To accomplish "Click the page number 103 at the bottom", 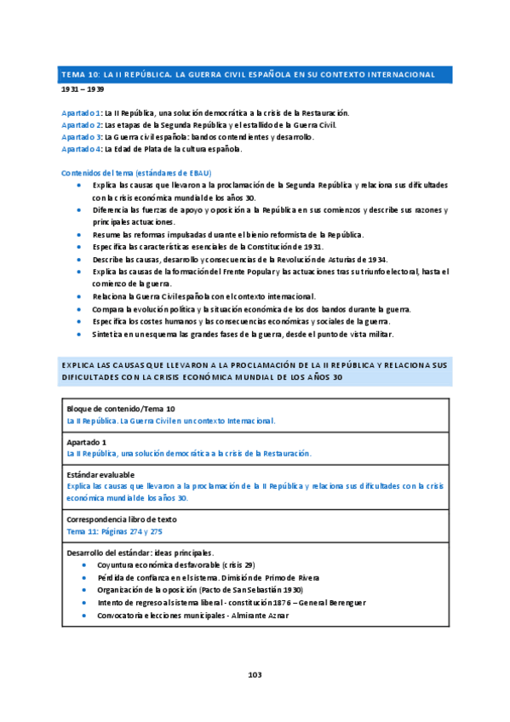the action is (x=255, y=674).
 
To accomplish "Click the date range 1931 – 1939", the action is (x=83, y=89).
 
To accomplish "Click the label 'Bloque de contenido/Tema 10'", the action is (x=121, y=410).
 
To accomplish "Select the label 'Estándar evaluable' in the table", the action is (x=100, y=474).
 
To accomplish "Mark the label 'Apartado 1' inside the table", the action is (x=86, y=442).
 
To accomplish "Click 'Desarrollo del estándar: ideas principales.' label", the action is (x=140, y=553).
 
